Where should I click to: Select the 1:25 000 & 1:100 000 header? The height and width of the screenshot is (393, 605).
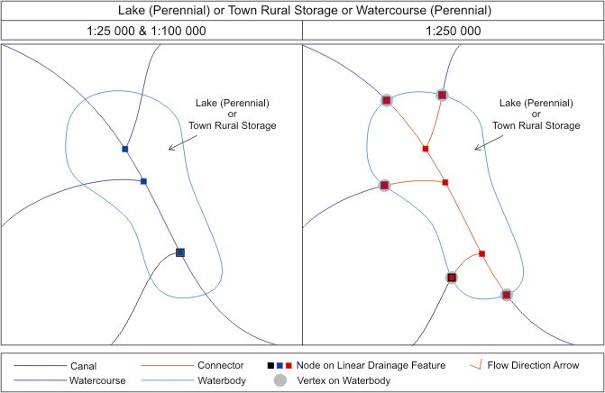click(x=151, y=31)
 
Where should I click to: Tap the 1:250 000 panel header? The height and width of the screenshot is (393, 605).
click(x=454, y=31)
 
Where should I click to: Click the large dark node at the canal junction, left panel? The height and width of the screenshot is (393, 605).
click(x=180, y=252)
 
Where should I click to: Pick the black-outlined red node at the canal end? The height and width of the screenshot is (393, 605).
click(x=452, y=278)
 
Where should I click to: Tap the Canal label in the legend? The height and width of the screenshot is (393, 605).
click(x=82, y=365)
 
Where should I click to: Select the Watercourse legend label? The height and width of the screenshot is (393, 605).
click(x=95, y=380)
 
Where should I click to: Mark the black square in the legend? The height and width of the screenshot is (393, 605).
click(x=270, y=365)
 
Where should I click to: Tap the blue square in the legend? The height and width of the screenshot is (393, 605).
click(x=279, y=365)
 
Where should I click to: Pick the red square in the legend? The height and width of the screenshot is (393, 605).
click(x=289, y=365)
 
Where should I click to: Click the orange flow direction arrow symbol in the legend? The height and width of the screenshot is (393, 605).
click(x=479, y=365)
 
